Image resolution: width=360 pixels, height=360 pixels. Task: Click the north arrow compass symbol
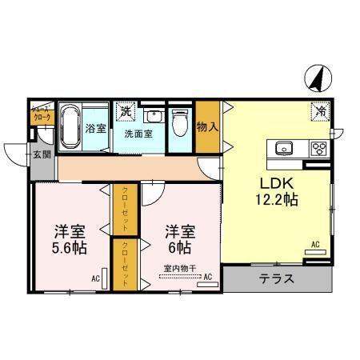coord(316,78)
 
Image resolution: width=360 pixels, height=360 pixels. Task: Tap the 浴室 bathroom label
coord(96,127)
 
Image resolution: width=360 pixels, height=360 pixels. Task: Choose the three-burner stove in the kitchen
coord(318,148)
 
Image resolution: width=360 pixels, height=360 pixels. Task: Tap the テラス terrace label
coord(276,280)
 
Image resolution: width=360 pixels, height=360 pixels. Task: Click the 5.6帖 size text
coord(70,247)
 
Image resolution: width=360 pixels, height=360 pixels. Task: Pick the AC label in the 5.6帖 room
coord(95,278)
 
